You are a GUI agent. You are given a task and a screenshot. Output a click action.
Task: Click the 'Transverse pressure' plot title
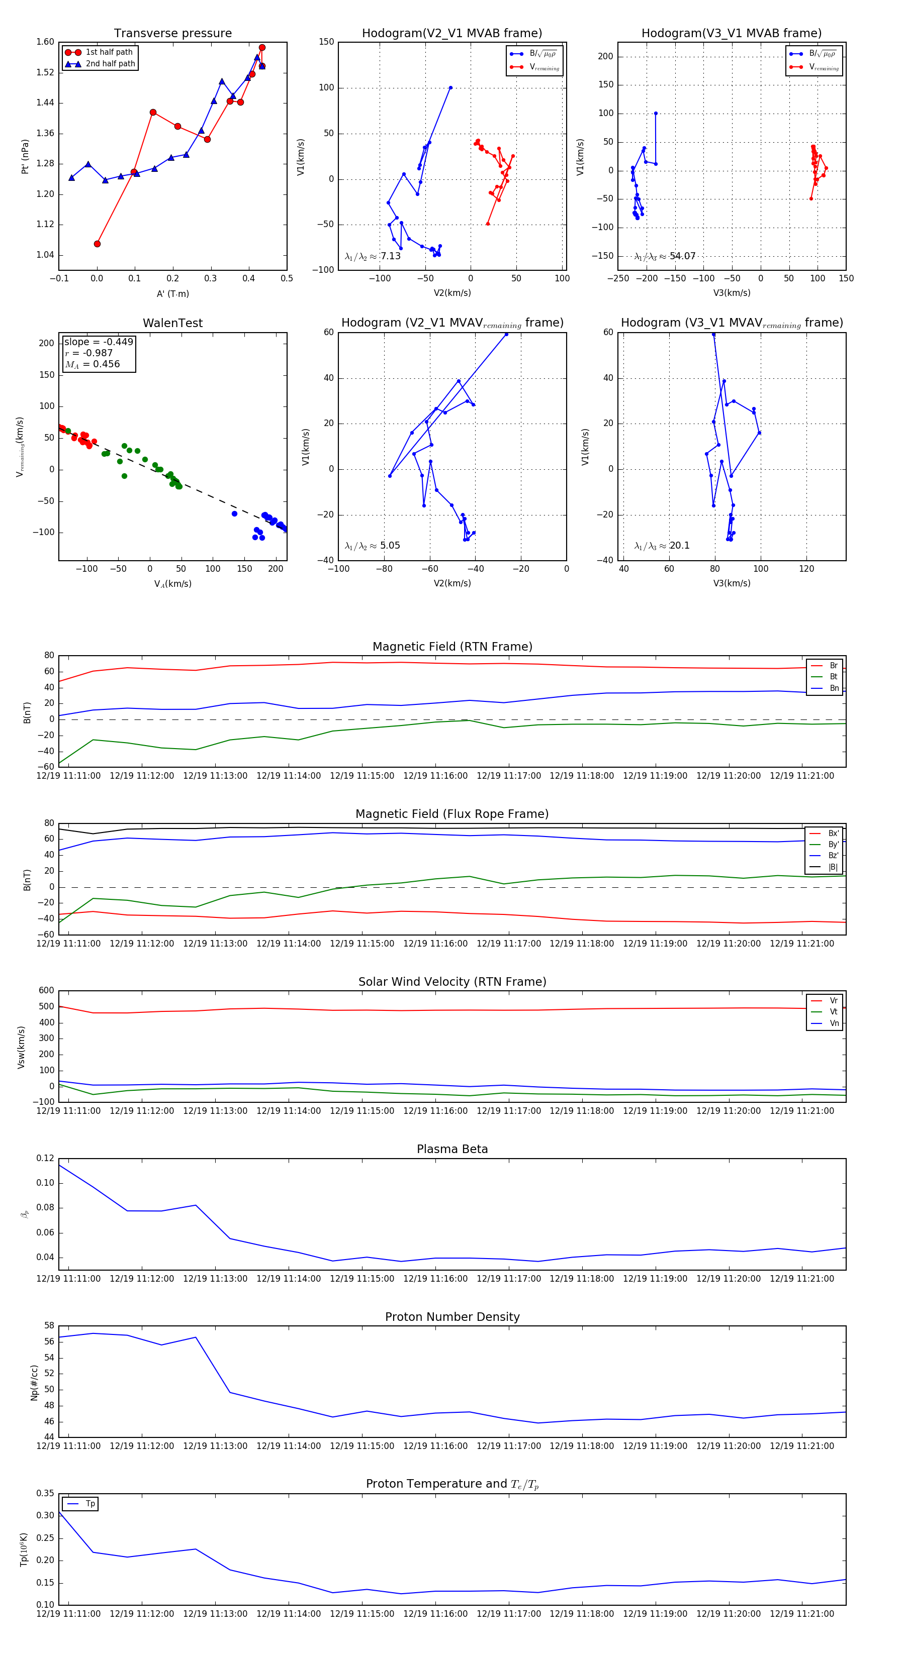[172, 34]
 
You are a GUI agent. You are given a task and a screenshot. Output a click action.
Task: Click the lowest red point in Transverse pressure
[97, 244]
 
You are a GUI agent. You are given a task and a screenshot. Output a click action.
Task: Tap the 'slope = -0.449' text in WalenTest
[99, 342]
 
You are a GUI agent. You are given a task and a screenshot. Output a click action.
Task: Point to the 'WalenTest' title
[172, 323]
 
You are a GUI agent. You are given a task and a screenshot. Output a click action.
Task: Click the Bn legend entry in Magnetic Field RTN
[834, 688]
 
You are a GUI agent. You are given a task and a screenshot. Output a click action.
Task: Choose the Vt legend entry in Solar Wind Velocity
[834, 1012]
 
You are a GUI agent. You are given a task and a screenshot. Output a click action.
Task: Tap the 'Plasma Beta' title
[452, 1149]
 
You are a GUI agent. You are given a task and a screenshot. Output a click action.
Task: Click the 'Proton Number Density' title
[452, 1317]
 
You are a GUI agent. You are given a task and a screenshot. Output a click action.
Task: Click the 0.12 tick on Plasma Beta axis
[45, 1158]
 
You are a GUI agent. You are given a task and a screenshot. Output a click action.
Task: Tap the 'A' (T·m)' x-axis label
[172, 293]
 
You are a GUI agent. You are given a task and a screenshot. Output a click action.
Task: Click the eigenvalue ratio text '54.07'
[682, 256]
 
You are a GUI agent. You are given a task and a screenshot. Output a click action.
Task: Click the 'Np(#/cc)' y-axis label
[34, 1382]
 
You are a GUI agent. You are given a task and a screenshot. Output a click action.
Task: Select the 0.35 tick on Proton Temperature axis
[45, 1493]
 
